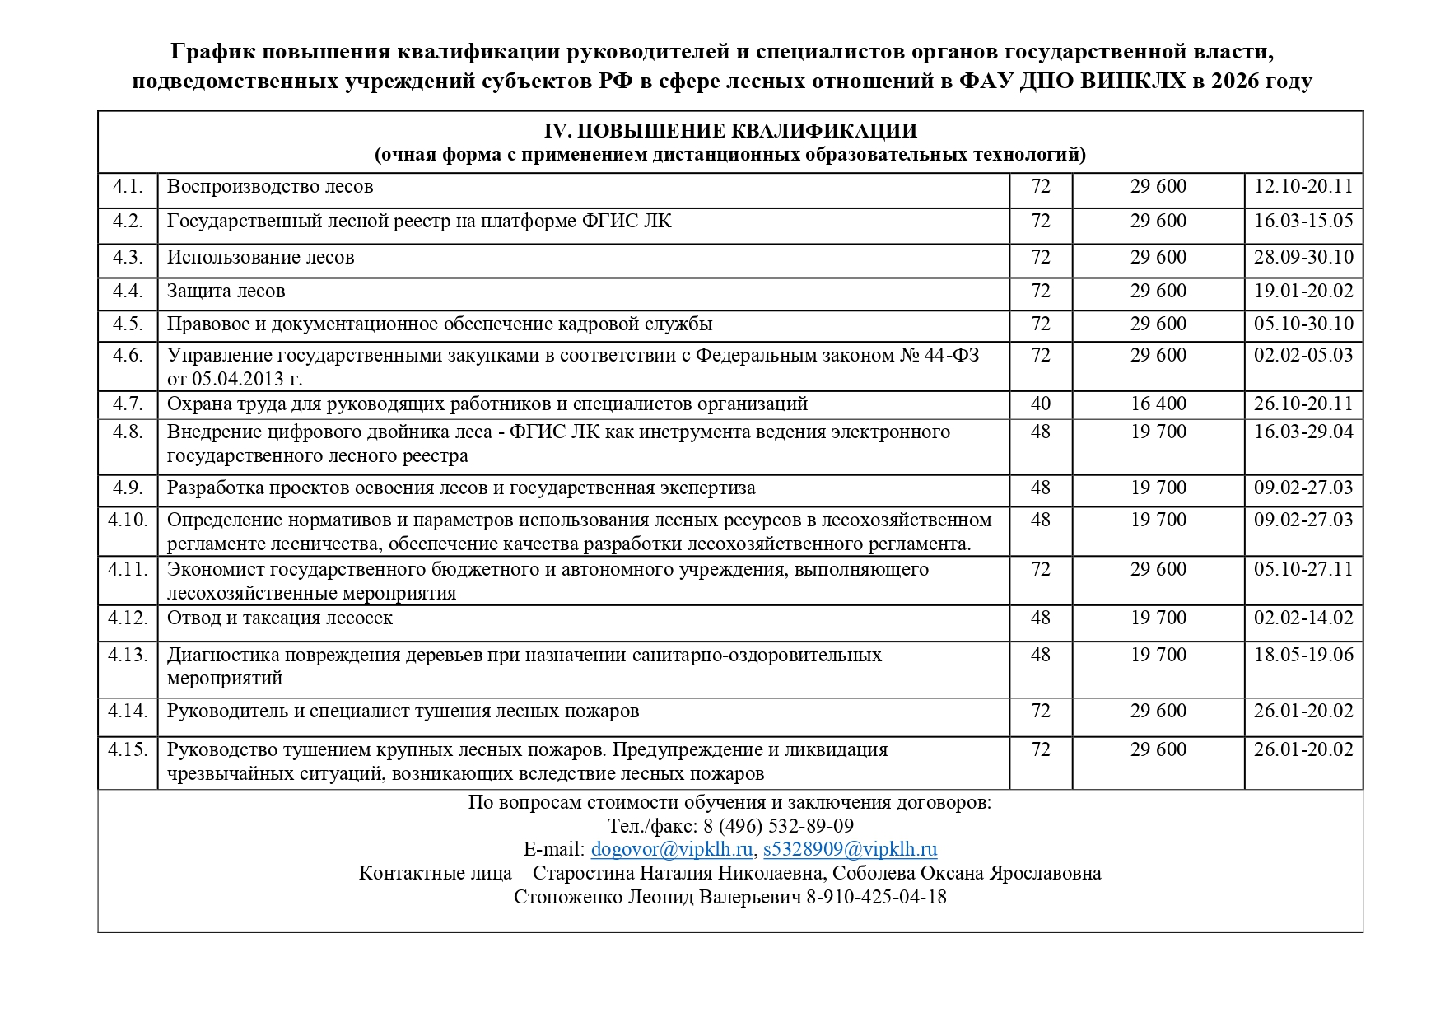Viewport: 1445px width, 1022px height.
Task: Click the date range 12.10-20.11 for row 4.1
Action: [1303, 186]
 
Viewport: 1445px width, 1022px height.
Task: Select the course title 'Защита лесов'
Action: [226, 292]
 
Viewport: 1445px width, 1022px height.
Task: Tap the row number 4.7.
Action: [128, 404]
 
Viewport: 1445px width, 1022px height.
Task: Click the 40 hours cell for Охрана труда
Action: [1040, 404]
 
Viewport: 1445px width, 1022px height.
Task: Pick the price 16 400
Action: [1158, 404]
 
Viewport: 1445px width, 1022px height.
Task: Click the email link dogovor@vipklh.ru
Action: [671, 849]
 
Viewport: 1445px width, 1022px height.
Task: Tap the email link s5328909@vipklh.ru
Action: [850, 849]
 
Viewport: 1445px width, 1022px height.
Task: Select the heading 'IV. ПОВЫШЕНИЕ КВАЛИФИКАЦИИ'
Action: [729, 132]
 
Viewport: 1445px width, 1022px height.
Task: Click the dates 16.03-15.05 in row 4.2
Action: [1303, 221]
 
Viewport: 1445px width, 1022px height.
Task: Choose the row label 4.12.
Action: [128, 618]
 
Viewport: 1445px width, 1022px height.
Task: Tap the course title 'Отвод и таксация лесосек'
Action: [280, 618]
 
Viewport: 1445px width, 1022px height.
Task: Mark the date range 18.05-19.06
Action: [1303, 655]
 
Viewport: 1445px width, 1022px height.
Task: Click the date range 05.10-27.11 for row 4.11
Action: [1303, 569]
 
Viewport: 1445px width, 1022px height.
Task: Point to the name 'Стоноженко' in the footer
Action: [568, 897]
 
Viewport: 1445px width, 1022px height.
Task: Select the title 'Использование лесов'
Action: [260, 257]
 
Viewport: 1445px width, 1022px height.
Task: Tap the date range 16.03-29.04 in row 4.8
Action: [1303, 432]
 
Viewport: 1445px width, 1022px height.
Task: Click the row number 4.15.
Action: [128, 749]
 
